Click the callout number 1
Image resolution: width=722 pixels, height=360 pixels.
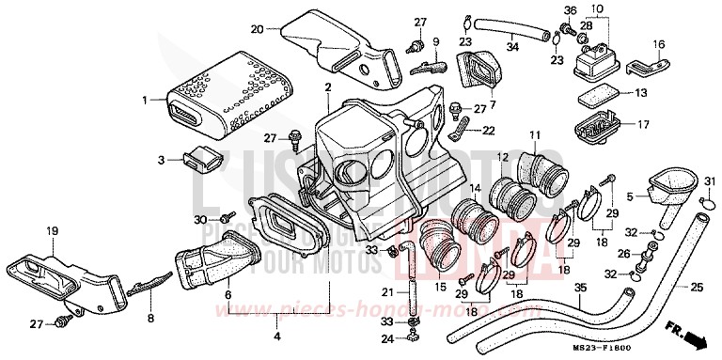(x=146, y=99)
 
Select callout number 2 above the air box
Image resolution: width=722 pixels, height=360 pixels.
(x=328, y=87)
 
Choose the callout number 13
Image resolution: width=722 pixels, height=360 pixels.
(x=640, y=93)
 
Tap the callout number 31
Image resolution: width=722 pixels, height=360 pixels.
(x=706, y=182)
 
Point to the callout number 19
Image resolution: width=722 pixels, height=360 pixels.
(x=53, y=230)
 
